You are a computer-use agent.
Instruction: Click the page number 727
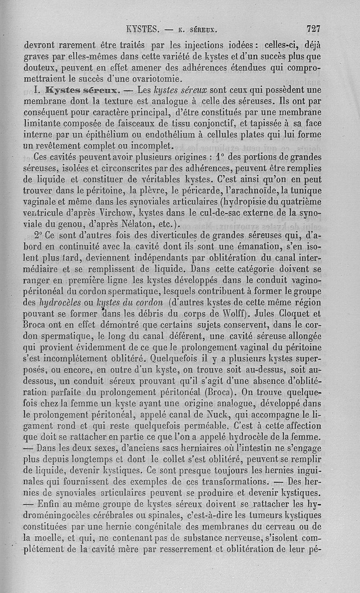coord(313,29)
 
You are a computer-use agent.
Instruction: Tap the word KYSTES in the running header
coord(143,30)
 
